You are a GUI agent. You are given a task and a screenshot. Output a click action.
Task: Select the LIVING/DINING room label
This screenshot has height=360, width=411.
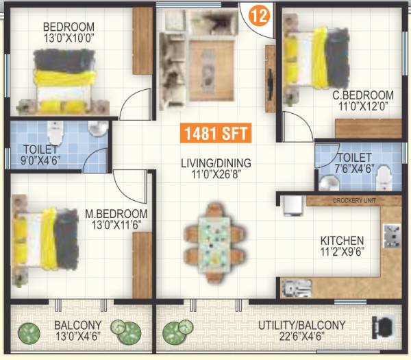pos(216,163)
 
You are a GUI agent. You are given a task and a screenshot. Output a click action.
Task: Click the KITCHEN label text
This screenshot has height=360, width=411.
pos(342,241)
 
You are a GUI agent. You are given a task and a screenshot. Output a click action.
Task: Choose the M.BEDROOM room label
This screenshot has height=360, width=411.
pos(116,213)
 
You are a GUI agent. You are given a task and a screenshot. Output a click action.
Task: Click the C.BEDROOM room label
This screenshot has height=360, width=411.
pos(368,95)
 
